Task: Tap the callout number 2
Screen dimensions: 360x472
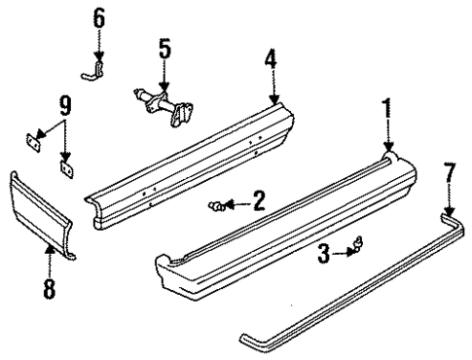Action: [259, 201]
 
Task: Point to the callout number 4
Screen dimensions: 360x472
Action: [272, 59]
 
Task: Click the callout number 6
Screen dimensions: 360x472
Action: [98, 18]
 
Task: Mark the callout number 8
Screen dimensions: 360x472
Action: [50, 288]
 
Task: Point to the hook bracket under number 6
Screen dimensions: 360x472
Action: [94, 69]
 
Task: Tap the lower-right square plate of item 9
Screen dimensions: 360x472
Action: [67, 166]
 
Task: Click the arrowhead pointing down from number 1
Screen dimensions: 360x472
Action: [388, 146]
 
